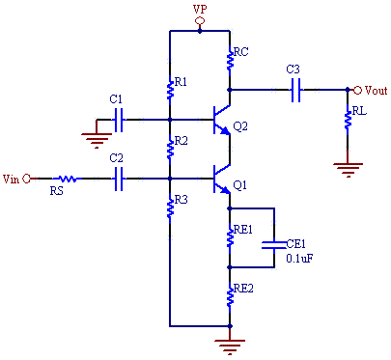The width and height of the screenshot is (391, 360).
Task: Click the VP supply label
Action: pyautogui.click(x=200, y=10)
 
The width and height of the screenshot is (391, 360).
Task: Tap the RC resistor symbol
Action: pyautogui.click(x=229, y=60)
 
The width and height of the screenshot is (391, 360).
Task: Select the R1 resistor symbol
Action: pyautogui.click(x=170, y=89)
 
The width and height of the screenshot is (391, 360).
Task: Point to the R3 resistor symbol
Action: pyautogui.click(x=170, y=207)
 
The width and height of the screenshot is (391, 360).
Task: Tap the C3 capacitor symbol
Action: pyautogui.click(x=296, y=90)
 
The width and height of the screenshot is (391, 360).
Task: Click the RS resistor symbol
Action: pyautogui.click(x=68, y=179)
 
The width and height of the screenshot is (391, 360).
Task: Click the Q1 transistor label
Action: pyautogui.click(x=240, y=185)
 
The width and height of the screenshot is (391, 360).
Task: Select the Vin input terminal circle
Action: pyautogui.click(x=27, y=179)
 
